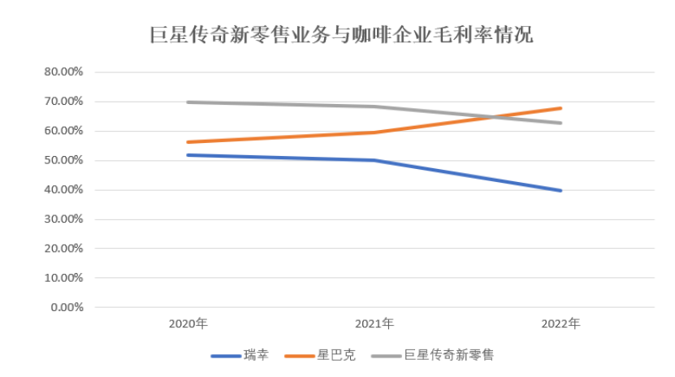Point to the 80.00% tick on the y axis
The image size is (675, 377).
(64, 72)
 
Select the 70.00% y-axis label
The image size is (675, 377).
(64, 102)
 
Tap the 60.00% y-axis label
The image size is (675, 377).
(64, 131)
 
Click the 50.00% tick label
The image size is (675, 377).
(64, 160)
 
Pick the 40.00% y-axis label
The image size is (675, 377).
(64, 190)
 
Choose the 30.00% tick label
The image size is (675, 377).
(64, 219)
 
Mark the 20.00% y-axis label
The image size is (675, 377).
(64, 249)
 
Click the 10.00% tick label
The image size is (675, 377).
(64, 278)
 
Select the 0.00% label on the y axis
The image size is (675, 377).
(67, 308)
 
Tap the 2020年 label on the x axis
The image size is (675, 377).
(188, 323)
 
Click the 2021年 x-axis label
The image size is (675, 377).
(374, 323)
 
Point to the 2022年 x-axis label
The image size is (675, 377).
(560, 323)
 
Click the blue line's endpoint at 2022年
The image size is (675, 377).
(560, 191)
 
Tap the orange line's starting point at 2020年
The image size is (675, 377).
(188, 142)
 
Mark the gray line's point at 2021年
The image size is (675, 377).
(374, 106)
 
